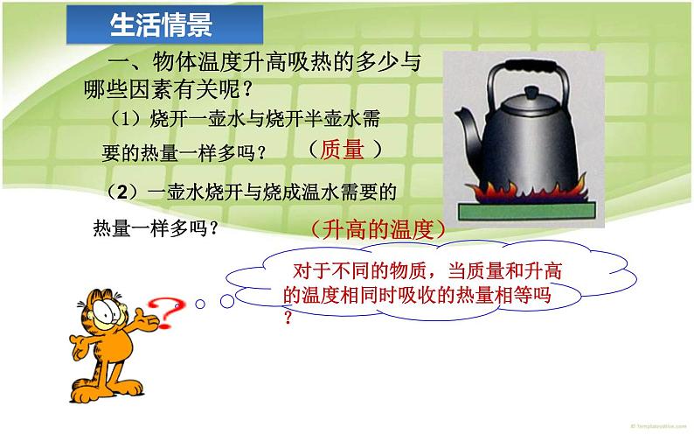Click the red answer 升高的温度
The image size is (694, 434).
(x=378, y=229)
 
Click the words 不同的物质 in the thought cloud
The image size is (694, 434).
(x=379, y=272)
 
